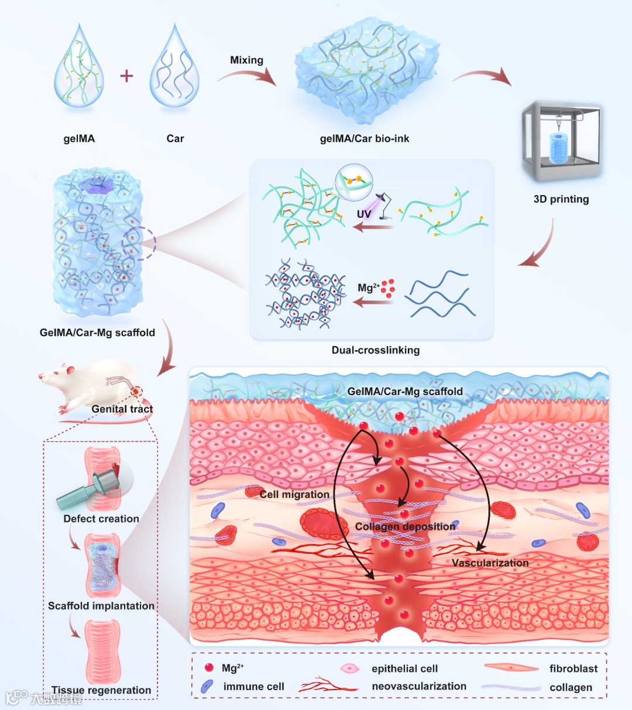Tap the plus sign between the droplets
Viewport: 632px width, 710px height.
(x=126, y=75)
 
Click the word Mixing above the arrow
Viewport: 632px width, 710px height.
(x=246, y=60)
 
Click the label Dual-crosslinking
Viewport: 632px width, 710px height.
(x=376, y=350)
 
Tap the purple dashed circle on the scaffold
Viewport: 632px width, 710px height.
(x=139, y=244)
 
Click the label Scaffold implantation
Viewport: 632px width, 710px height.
(x=101, y=606)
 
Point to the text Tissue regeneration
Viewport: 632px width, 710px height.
(x=101, y=690)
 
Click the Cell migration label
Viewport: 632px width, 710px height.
(x=294, y=494)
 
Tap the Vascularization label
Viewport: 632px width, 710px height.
(x=490, y=563)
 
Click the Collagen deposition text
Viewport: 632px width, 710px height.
(x=405, y=527)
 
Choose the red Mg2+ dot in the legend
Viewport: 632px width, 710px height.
(x=209, y=668)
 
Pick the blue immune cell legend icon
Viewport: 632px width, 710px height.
(x=207, y=687)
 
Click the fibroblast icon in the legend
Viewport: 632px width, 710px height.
(x=511, y=668)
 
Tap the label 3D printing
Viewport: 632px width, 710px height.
(x=561, y=199)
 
